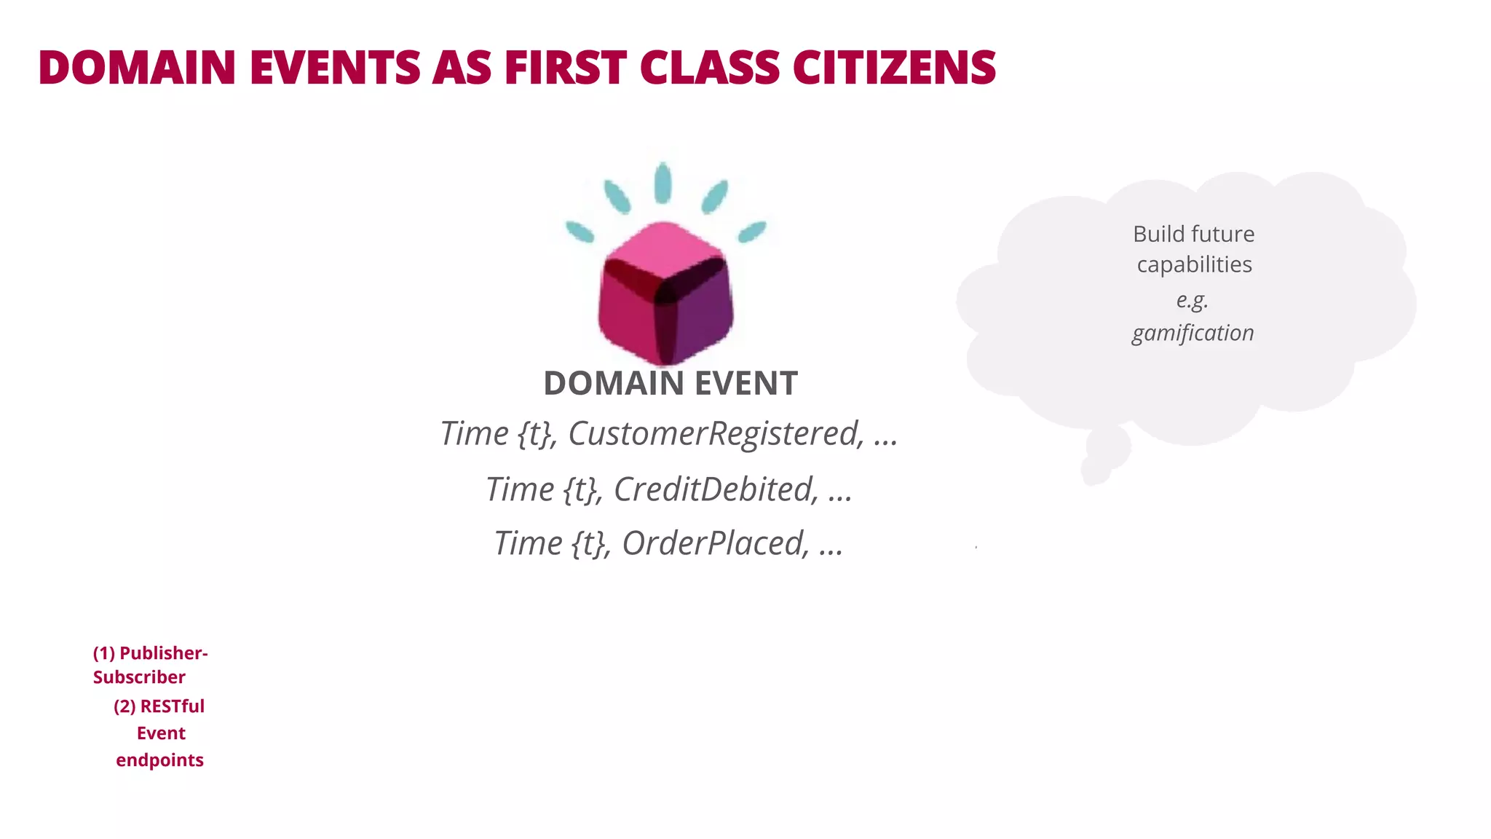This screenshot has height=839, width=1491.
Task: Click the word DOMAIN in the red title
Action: tap(137, 68)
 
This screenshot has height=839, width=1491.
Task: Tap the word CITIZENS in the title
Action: tap(894, 68)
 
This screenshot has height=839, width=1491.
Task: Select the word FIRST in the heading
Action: tap(565, 68)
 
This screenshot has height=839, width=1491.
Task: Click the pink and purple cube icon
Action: tap(665, 293)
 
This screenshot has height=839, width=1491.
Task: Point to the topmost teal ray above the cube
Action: tap(663, 182)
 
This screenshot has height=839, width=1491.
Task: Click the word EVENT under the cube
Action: tap(745, 384)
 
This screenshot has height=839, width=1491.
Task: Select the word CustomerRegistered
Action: tap(716, 433)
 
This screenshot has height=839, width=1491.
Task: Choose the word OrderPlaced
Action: tap(715, 543)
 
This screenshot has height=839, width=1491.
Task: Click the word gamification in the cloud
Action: tap(1193, 333)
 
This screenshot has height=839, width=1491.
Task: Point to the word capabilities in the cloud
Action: tap(1194, 264)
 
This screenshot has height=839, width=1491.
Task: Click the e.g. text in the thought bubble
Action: tap(1192, 299)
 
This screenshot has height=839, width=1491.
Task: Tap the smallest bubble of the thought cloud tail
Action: tap(1095, 471)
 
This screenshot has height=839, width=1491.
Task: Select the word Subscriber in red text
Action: tap(139, 677)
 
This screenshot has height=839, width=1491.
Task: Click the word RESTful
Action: tap(172, 706)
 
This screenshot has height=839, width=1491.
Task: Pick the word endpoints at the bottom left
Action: tap(159, 760)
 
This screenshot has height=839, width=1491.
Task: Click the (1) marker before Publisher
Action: tap(103, 653)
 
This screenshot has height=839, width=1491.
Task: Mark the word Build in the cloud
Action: tap(1158, 234)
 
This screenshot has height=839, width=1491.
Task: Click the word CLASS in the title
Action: tap(708, 68)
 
